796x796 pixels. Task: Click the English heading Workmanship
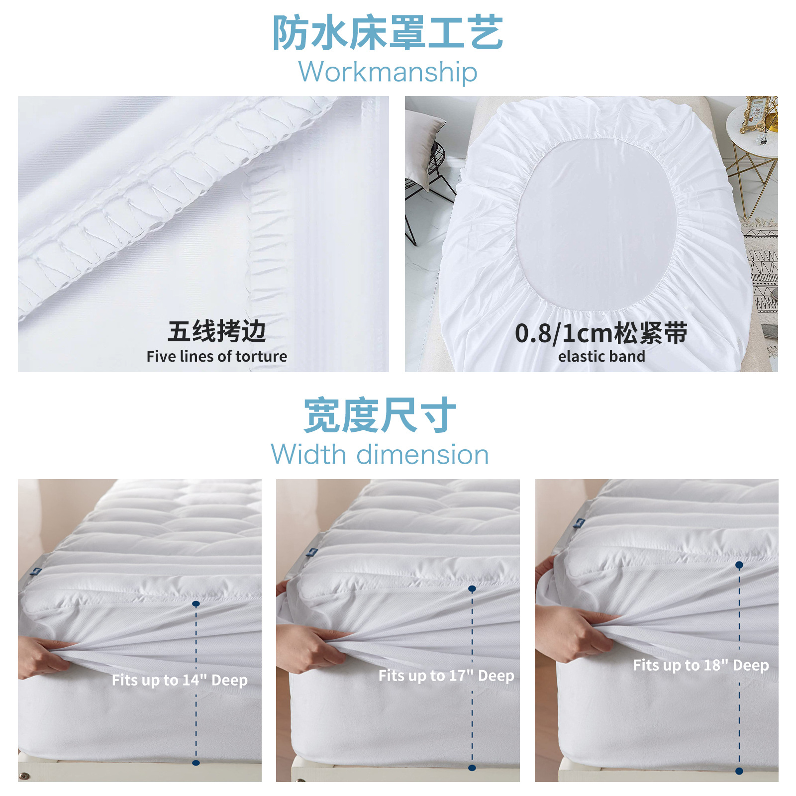pyautogui.click(x=388, y=72)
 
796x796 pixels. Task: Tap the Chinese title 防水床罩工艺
pyautogui.click(x=388, y=33)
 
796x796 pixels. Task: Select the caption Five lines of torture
pyautogui.click(x=216, y=356)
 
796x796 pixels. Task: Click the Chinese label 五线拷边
pyautogui.click(x=216, y=331)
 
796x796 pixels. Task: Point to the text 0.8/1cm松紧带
pyautogui.click(x=601, y=333)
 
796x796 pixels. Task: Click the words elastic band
pyautogui.click(x=601, y=356)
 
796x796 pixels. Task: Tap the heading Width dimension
pyautogui.click(x=380, y=455)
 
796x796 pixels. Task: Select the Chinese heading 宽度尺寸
pyautogui.click(x=380, y=415)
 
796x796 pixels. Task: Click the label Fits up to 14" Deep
pyautogui.click(x=179, y=680)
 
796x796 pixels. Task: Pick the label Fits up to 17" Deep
pyautogui.click(x=446, y=676)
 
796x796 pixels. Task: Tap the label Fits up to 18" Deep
pyautogui.click(x=700, y=665)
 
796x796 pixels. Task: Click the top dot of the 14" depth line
pyautogui.click(x=196, y=603)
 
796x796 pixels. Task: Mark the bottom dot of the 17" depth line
pyautogui.click(x=472, y=768)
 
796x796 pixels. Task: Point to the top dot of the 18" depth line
pyautogui.click(x=739, y=565)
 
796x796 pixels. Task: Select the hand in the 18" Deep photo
pyautogui.click(x=572, y=629)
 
